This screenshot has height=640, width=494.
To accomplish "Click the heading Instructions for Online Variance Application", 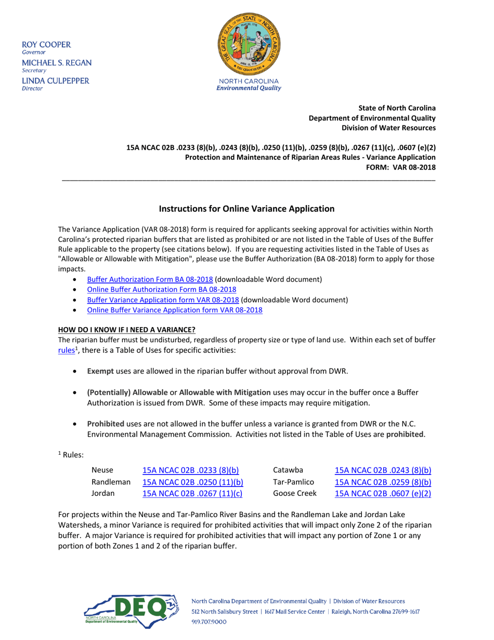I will click(x=246, y=209).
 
